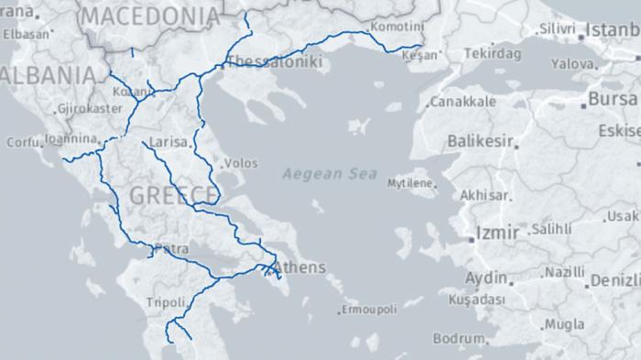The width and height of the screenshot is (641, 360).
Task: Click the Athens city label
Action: (299, 267)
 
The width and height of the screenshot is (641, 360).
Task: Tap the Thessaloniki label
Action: (275, 62)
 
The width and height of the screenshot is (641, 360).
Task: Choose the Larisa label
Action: (168, 144)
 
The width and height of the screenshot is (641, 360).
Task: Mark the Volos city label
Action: (241, 163)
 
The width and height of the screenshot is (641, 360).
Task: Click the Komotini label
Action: (397, 26)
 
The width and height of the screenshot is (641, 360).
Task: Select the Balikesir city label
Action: (481, 141)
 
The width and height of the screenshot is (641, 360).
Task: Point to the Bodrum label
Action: (458, 338)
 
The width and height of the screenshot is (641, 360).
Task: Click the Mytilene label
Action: (408, 183)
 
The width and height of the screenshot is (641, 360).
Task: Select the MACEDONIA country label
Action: (151, 16)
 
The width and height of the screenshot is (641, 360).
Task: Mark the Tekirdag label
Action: (492, 54)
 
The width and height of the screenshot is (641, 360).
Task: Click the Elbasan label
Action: (25, 34)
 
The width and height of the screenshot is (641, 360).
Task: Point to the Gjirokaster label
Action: (89, 108)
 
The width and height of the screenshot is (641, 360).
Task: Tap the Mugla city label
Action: (565, 324)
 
